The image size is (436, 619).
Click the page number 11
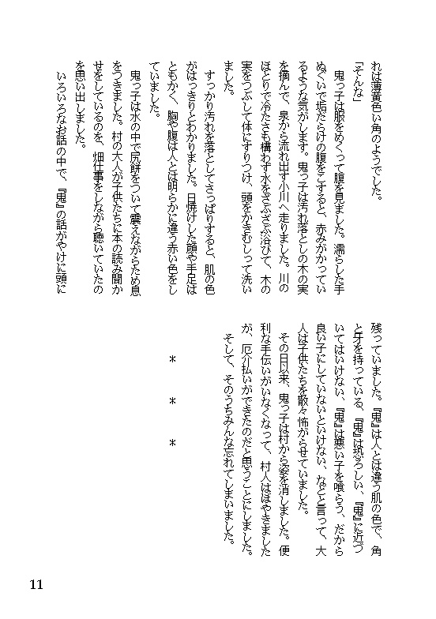pyautogui.click(x=35, y=584)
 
